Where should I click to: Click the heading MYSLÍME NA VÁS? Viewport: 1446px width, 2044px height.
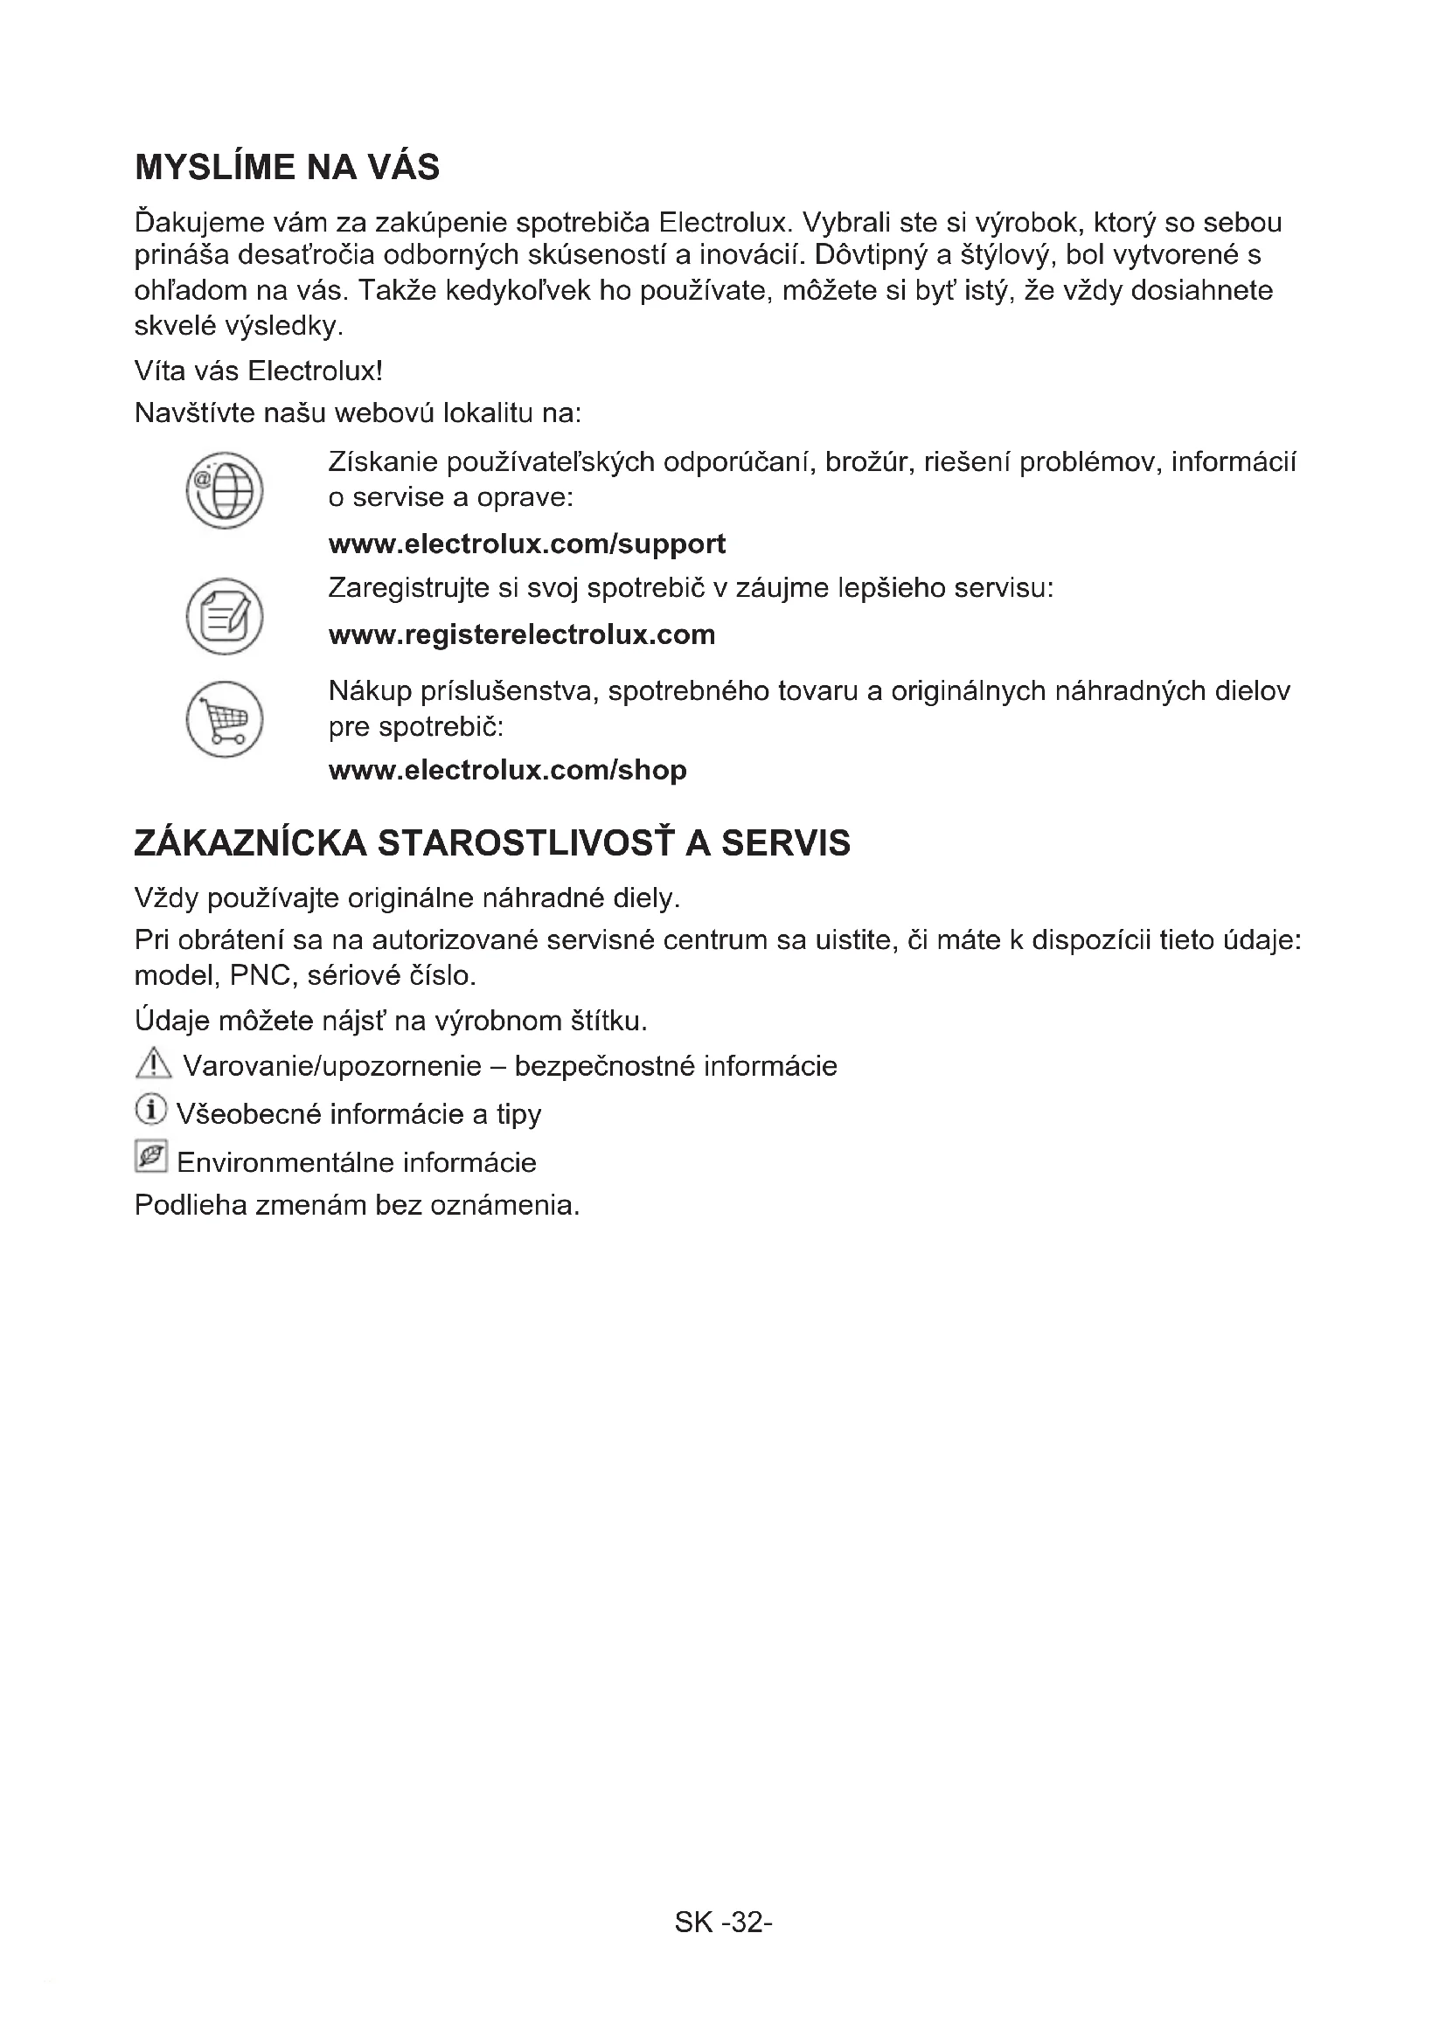tap(287, 168)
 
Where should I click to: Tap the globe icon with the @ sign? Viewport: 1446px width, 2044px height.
tap(225, 490)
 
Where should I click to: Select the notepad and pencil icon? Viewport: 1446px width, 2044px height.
tap(225, 616)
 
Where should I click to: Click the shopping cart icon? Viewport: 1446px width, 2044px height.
tap(225, 719)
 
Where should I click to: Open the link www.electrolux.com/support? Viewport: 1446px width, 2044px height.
tap(527, 544)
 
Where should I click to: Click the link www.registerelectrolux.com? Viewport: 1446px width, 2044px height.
tap(522, 634)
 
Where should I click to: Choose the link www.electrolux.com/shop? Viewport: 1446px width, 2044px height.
tap(508, 770)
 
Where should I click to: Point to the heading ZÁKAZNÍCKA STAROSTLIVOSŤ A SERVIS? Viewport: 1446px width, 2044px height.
tap(492, 843)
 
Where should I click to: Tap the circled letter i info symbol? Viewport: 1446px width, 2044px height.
tap(151, 1110)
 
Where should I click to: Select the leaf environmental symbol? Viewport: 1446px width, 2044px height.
tap(151, 1157)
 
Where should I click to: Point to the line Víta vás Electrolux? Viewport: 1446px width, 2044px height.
tap(258, 371)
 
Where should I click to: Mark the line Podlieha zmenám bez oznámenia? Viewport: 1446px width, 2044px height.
tap(357, 1205)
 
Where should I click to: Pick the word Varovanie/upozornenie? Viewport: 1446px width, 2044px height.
tap(332, 1066)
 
